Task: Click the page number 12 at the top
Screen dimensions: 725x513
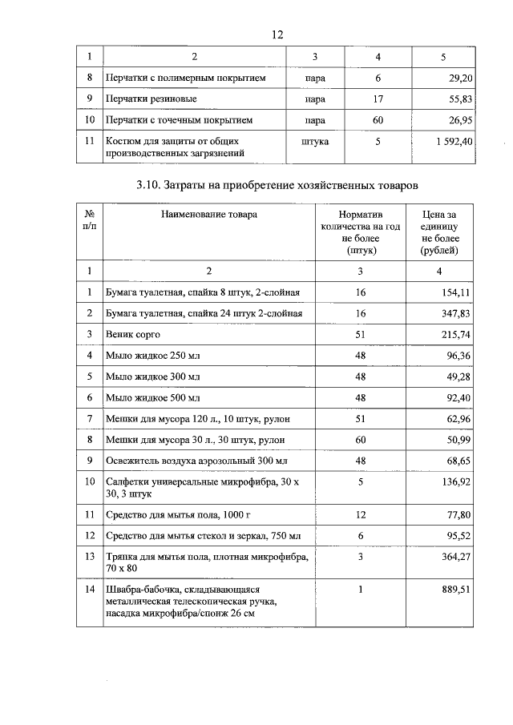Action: pos(278,34)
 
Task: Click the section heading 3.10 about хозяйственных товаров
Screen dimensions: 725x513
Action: pos(277,186)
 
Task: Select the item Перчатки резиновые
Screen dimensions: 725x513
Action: pos(151,99)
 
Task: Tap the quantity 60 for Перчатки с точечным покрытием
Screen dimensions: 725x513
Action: pos(378,120)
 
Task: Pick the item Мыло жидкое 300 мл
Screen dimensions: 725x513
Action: pos(152,376)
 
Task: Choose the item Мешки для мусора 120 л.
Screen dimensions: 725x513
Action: pos(193,418)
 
